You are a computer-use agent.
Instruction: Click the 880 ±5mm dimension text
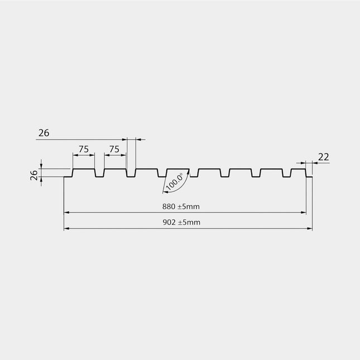[181, 207]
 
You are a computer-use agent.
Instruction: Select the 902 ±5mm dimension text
[181, 222]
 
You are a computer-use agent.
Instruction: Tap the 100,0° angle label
[175, 181]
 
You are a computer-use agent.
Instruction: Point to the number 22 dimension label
[324, 157]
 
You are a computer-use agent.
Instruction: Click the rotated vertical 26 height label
[34, 175]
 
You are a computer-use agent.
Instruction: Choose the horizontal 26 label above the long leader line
[44, 133]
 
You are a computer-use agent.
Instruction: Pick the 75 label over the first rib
[84, 149]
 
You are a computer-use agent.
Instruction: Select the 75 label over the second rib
[114, 149]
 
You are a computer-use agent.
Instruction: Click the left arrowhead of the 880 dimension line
[66, 213]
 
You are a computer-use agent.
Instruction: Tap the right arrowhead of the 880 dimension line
[303, 213]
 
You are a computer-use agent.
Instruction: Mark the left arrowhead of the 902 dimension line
[66, 229]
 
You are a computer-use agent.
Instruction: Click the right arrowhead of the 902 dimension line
[310, 229]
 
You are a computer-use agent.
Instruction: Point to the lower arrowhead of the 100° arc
[165, 192]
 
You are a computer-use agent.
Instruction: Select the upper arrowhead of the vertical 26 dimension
[41, 166]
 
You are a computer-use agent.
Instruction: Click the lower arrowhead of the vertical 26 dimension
[41, 180]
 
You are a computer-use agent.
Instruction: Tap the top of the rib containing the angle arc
[178, 169]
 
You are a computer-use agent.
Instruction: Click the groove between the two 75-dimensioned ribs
[99, 177]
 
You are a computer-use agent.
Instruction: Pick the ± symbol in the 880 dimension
[180, 207]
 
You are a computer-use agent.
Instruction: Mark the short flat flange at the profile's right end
[310, 177]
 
